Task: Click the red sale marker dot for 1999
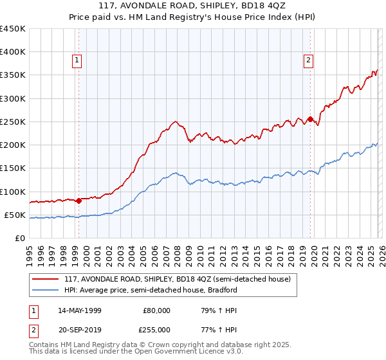click(78, 201)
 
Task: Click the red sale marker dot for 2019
click(310, 119)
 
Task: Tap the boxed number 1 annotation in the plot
click(77, 60)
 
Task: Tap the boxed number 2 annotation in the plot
click(308, 60)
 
